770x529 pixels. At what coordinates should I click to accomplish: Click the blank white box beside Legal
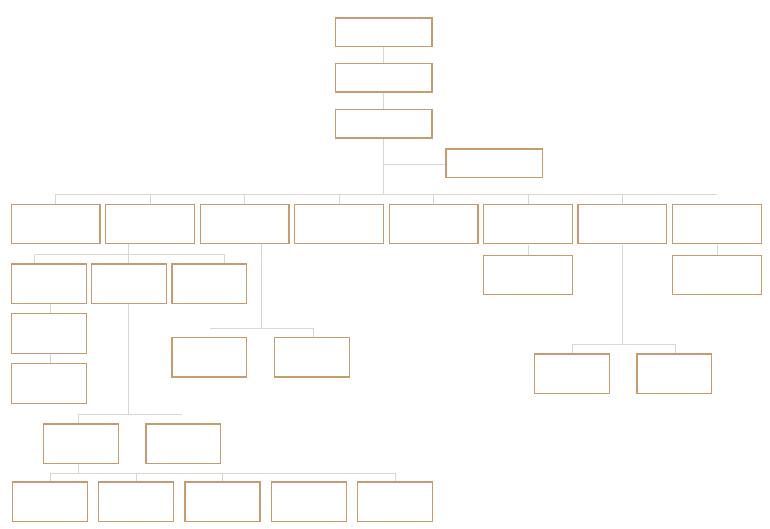339,223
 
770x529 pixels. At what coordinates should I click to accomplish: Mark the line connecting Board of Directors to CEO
384,55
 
